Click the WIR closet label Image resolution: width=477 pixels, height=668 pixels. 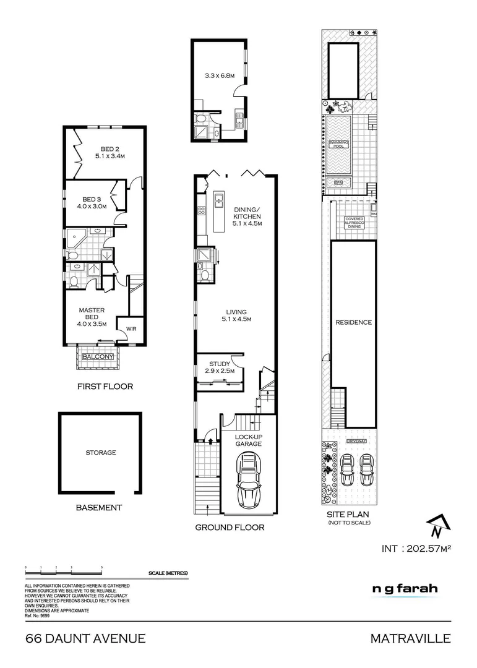(131, 329)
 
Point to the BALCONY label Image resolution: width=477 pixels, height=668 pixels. (98, 357)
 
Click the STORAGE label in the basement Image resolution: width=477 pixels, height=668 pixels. (100, 453)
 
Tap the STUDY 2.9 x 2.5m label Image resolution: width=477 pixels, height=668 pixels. (219, 367)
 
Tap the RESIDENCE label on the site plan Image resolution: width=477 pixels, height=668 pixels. (353, 322)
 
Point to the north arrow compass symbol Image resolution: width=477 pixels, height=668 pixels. (436, 526)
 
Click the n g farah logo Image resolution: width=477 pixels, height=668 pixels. (404, 588)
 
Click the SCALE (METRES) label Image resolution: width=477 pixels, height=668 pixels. (168, 573)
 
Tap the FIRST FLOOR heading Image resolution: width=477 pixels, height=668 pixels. (105, 387)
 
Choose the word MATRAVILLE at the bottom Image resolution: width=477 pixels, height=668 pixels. (410, 638)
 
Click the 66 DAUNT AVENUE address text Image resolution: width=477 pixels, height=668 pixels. (85, 638)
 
